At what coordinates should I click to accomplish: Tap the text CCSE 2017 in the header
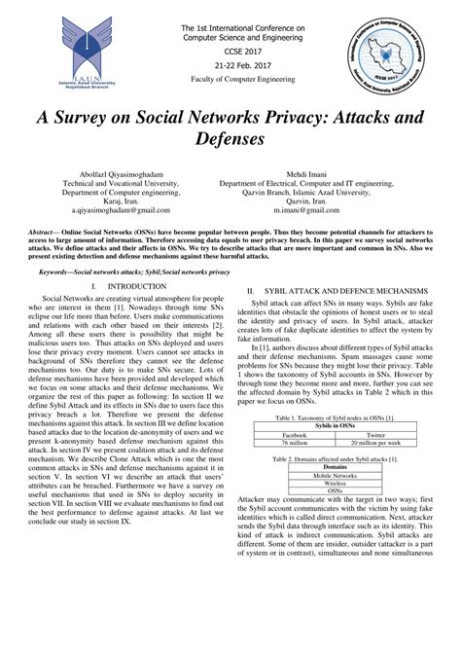230,49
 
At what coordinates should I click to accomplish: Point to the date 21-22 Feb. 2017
230,62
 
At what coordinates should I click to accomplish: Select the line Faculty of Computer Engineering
230,77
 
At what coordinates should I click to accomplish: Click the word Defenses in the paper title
230,139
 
